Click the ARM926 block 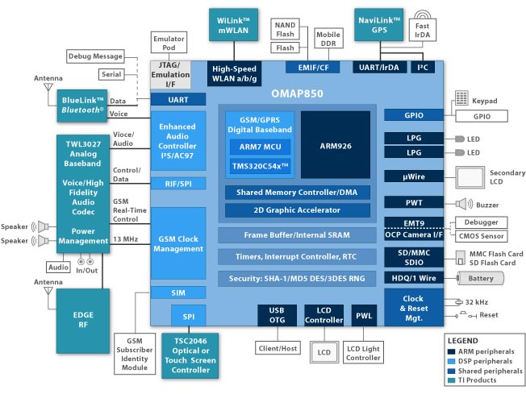(336, 145)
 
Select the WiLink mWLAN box (233, 25)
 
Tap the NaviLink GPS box (378, 25)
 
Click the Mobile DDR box (328, 39)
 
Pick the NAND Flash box (285, 29)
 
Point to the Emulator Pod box (169, 43)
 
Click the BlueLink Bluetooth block (82, 106)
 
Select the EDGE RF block (83, 321)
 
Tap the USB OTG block (277, 315)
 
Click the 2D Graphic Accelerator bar (297, 210)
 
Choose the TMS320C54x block (261, 166)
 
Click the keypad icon (461, 97)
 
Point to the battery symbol (480, 278)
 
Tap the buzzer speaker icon (464, 204)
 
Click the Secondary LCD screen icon (470, 177)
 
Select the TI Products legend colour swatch (451, 380)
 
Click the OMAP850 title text (297, 93)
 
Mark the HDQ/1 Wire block (414, 278)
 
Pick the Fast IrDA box (423, 30)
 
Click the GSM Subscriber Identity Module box (135, 354)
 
